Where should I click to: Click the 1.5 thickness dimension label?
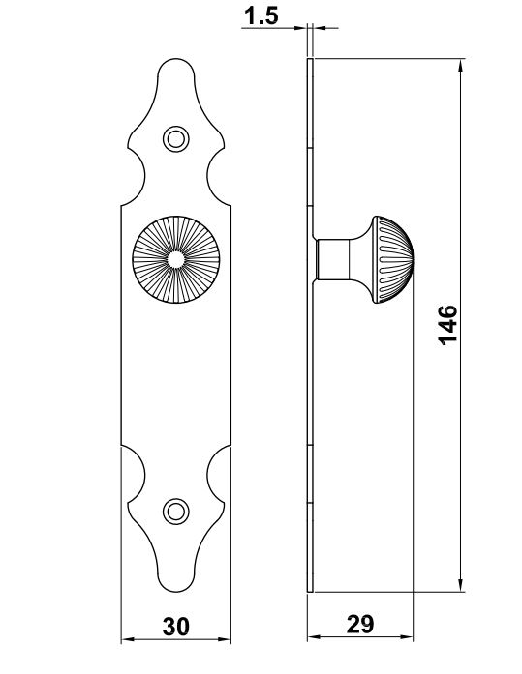tap(261, 15)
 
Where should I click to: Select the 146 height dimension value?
tap(447, 325)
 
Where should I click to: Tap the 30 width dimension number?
tap(175, 627)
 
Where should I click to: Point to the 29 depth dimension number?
tap(360, 624)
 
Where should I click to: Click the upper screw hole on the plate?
tap(175, 139)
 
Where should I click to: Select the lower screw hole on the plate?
tap(175, 512)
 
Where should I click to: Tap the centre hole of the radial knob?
tap(175, 259)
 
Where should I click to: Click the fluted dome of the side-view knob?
tap(393, 259)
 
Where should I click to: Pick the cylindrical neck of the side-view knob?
tap(332, 259)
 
